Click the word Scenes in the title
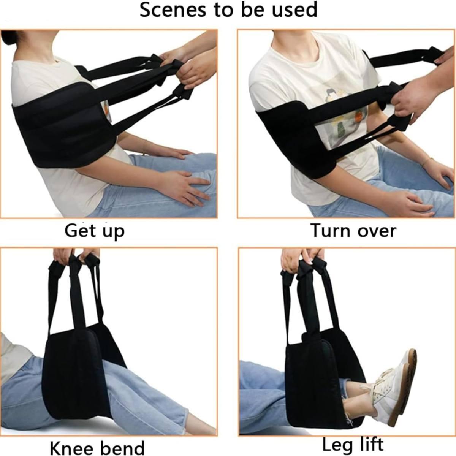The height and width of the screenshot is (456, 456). tap(173, 10)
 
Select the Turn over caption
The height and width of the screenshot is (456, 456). tap(353, 231)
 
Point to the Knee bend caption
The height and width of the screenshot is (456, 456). tap(97, 441)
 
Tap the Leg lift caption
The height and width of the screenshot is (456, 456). tap(353, 438)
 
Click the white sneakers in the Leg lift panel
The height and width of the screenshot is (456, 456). tap(388, 381)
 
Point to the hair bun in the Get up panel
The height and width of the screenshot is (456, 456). tap(8, 37)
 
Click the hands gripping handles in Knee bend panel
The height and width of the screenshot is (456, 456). tap(76, 257)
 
